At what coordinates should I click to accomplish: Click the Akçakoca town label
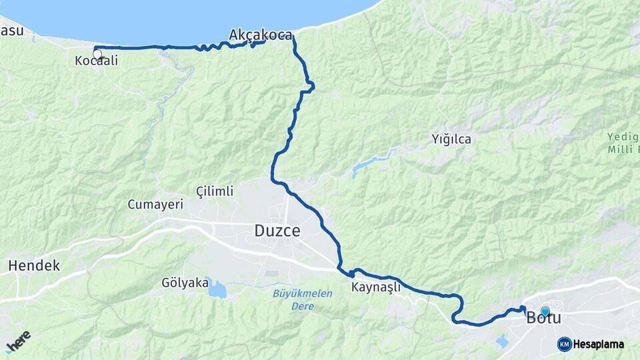tap(260, 35)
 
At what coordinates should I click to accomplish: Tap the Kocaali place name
tap(97, 61)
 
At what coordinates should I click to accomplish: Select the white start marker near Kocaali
tap(97, 54)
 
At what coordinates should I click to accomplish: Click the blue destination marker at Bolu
tap(545, 311)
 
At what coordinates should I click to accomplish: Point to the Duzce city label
tap(277, 231)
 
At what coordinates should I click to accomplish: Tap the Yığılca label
tap(451, 139)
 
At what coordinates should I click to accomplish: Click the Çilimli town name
tap(215, 191)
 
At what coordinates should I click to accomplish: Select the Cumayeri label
tap(155, 205)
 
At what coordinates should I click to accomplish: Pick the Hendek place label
tap(34, 265)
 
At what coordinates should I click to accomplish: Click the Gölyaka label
tap(185, 283)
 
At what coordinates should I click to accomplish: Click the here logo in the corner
tap(18, 342)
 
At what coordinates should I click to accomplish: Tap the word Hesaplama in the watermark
tap(599, 344)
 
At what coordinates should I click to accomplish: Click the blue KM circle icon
tap(564, 344)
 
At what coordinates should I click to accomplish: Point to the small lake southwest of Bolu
tap(502, 341)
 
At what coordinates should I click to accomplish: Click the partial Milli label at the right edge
tap(623, 149)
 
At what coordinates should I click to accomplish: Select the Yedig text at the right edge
tap(623, 137)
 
